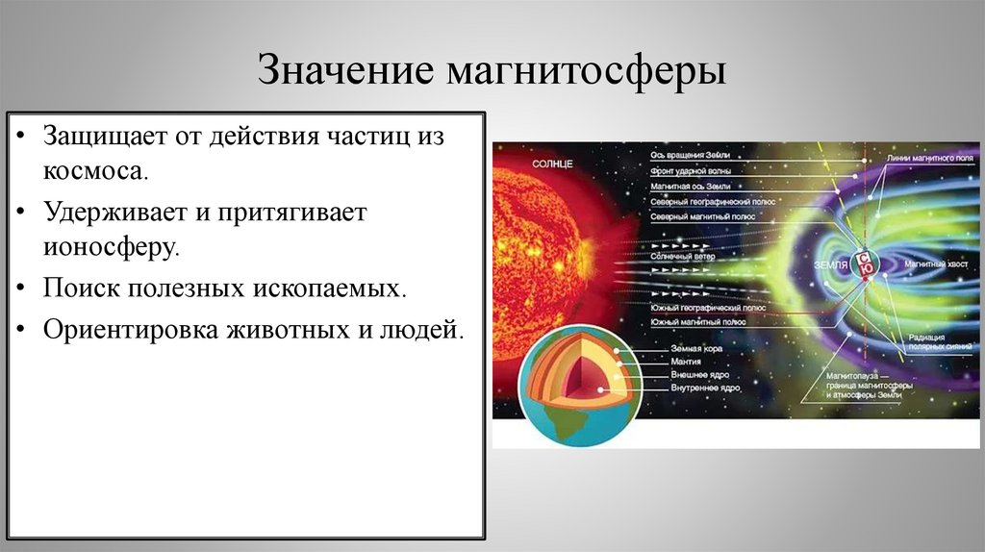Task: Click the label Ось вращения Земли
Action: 690,154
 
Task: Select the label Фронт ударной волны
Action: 690,169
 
